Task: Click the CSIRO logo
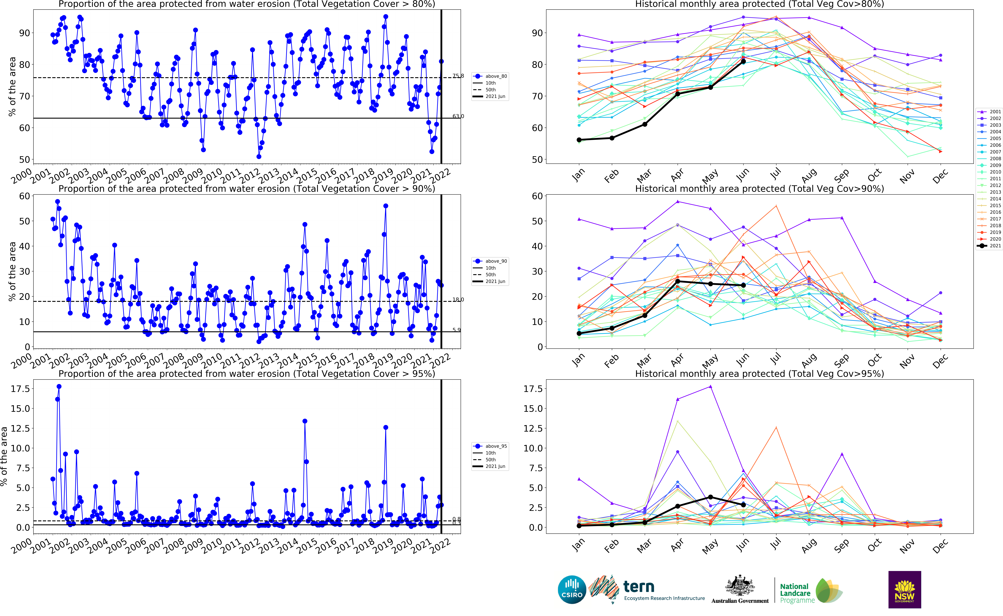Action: coord(572,590)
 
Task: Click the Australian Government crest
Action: coord(740,587)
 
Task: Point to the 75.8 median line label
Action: coord(458,76)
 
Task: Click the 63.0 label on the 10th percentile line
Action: coord(458,116)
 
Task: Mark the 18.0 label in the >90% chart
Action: coord(458,299)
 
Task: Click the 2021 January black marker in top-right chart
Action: coord(579,140)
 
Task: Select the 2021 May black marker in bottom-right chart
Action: coord(710,497)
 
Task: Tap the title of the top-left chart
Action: coord(247,4)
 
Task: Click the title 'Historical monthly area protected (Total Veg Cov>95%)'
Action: coord(759,374)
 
